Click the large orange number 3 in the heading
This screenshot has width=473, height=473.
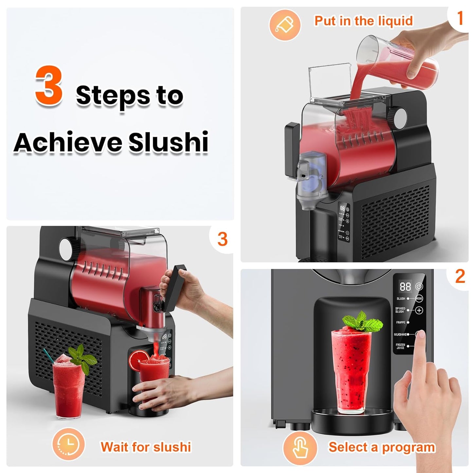(49, 85)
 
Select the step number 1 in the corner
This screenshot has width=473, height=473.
(460, 18)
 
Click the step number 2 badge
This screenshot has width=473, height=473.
(460, 277)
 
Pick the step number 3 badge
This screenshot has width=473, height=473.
(222, 239)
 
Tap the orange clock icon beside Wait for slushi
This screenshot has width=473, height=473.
(68, 444)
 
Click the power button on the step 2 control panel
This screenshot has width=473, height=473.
(419, 287)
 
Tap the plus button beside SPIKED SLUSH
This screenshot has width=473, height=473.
(419, 310)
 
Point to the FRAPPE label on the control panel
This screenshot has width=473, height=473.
(400, 322)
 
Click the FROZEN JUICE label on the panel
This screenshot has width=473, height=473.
(400, 346)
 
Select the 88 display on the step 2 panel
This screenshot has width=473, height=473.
(405, 287)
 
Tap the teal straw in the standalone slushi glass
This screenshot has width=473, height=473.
(48, 355)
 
